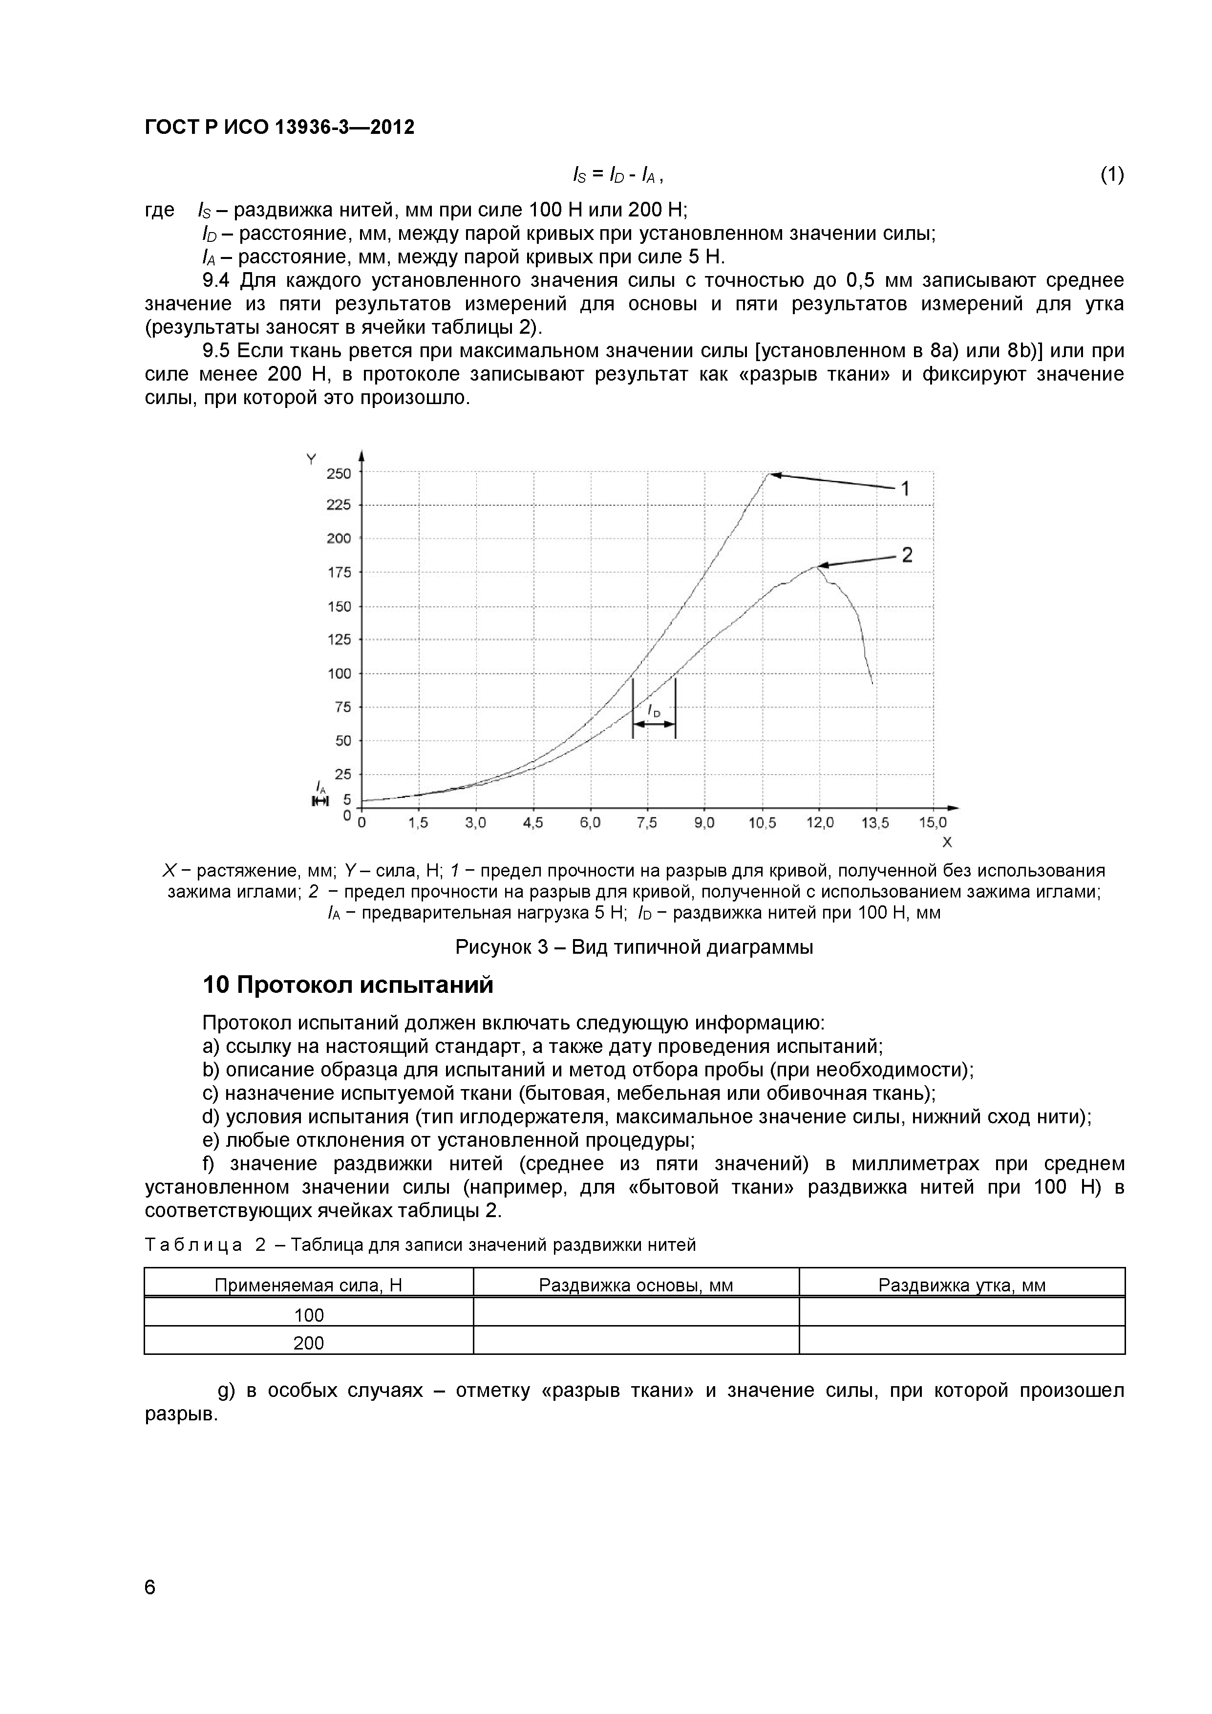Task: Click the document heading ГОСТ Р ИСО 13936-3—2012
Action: coord(279,128)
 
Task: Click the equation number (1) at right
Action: coord(1111,175)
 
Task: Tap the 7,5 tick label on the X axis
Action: coord(646,823)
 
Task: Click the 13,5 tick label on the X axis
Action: coord(875,823)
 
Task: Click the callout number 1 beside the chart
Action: coord(905,489)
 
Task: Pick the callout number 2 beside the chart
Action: coord(907,555)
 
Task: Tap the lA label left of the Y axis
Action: coord(320,786)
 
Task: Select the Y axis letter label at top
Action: coord(311,460)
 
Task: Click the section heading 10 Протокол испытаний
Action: coord(348,986)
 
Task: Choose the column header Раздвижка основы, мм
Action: coord(636,1285)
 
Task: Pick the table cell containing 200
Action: coord(308,1344)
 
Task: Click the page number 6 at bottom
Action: coord(150,1608)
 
